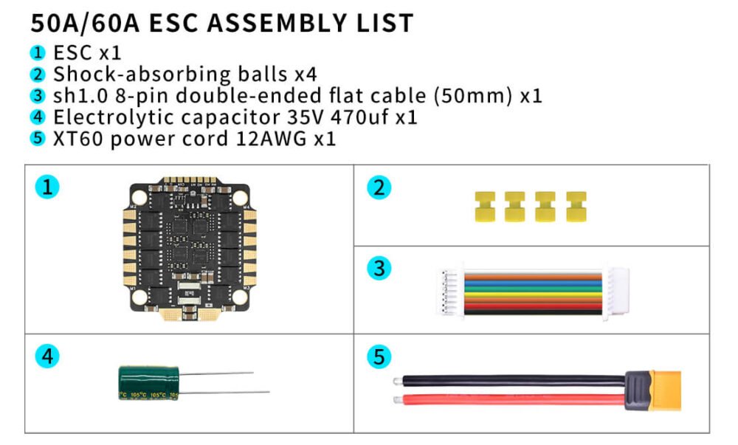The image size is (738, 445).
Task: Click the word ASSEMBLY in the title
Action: [277, 23]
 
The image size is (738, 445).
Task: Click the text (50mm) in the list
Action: [472, 95]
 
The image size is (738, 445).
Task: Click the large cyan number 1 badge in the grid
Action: [47, 187]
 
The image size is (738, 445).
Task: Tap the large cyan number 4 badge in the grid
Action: [47, 356]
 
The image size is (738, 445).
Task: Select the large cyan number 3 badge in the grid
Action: [379, 269]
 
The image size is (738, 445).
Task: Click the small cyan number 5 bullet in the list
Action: [37, 139]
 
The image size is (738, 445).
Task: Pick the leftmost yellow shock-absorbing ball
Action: [485, 207]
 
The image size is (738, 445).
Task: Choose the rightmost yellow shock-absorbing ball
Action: [576, 207]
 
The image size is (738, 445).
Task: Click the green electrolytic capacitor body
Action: [149, 383]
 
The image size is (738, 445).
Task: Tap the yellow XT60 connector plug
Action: [665, 390]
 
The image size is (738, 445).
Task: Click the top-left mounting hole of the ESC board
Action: [139, 198]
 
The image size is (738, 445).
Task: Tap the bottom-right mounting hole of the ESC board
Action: [240, 297]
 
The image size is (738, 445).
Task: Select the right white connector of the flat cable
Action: [616, 292]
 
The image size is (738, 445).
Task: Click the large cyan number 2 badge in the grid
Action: [379, 187]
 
